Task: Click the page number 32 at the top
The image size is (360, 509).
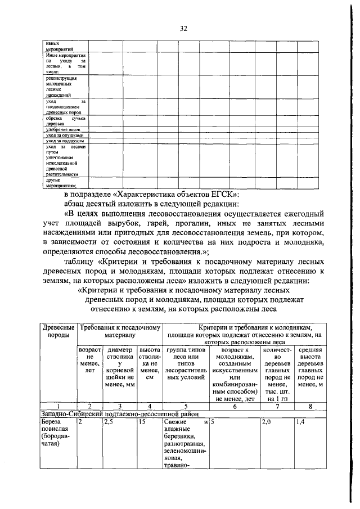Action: tap(183, 29)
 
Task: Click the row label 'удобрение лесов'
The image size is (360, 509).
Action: tap(62, 128)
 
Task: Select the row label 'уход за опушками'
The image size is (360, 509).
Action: tap(65, 135)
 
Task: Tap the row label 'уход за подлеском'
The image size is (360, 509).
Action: tap(65, 141)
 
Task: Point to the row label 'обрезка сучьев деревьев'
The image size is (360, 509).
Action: tap(65, 120)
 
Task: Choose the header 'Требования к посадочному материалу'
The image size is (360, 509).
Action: tap(120, 332)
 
